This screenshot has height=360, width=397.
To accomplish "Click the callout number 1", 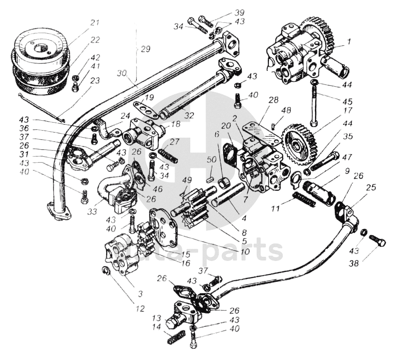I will click(x=349, y=40).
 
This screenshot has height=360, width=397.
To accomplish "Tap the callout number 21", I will click(x=94, y=23).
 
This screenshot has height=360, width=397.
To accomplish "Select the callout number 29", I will click(x=145, y=49).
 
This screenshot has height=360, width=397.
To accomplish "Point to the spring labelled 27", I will click(x=168, y=155).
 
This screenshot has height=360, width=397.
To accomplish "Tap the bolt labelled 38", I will click(x=377, y=241).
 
